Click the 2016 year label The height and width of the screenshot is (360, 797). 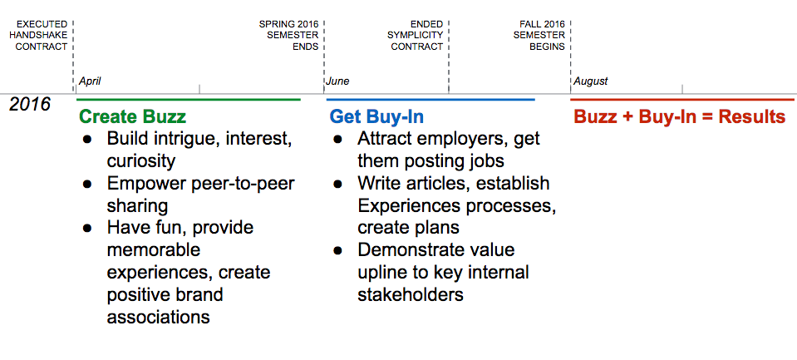tap(30, 104)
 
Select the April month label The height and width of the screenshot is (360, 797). tap(90, 81)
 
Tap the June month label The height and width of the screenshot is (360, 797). tap(337, 81)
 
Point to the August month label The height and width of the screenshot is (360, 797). tap(591, 81)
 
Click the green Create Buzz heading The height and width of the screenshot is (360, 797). tap(133, 117)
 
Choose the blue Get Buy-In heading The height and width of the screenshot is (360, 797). tap(376, 117)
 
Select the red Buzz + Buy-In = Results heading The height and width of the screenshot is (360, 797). tap(680, 117)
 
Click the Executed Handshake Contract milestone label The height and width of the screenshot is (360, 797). tap(38, 36)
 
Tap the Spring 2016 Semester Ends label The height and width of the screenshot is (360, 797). tap(289, 36)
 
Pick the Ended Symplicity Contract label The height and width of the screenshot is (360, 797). tap(416, 36)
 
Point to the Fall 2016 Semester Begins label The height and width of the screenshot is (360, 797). tap(539, 36)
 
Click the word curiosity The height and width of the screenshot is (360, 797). tap(141, 161)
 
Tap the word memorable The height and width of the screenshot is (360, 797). tap(154, 249)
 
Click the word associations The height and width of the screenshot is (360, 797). tap(158, 317)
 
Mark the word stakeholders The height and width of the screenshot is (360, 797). tap(411, 294)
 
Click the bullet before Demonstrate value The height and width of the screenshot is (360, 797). tap(337, 250)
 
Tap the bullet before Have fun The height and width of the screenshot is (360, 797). tap(87, 228)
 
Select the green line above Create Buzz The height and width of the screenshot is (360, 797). tap(188, 100)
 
